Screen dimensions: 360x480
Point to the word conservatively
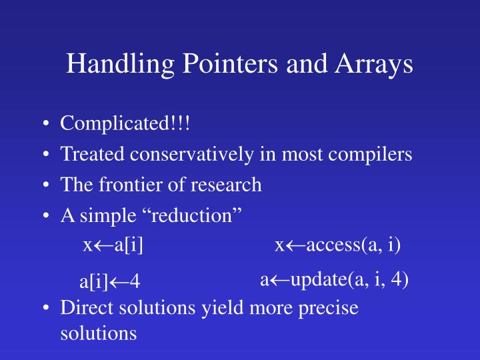coord(192,155)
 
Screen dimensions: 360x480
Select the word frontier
coord(123,185)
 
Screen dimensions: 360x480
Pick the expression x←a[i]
coord(113,246)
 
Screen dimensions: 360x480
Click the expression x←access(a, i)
coord(338,246)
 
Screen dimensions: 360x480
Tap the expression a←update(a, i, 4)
coord(334,279)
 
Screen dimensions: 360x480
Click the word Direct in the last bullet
coord(84,308)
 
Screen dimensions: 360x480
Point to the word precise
coord(329,308)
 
